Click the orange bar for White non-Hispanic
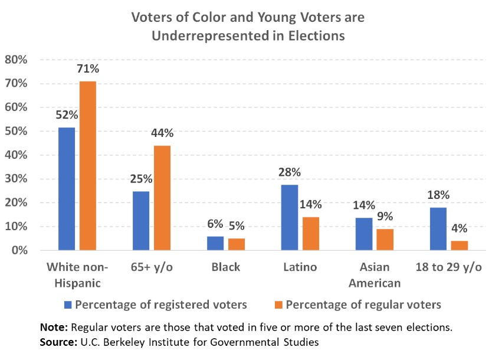click(88, 166)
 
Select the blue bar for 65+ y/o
click(142, 221)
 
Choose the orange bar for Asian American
click(386, 240)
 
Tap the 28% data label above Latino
click(290, 172)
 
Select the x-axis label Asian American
click(375, 275)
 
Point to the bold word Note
click(52, 327)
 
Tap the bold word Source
click(58, 342)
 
